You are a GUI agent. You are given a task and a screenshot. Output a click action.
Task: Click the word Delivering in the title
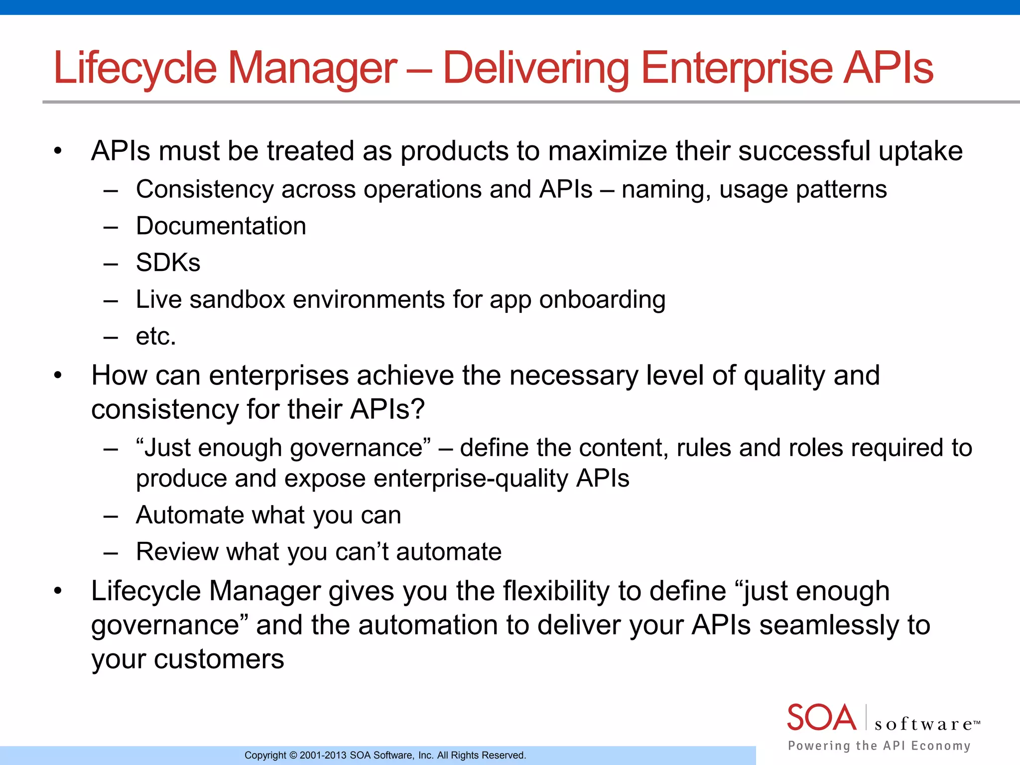tap(536, 69)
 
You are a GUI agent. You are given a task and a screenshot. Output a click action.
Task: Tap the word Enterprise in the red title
tap(737, 69)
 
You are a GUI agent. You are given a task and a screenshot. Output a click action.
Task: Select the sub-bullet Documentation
tap(221, 226)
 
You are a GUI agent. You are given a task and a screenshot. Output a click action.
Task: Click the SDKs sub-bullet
tap(168, 263)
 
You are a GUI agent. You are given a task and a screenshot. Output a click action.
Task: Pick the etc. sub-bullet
tap(156, 337)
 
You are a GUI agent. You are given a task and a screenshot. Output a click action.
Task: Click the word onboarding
tap(602, 300)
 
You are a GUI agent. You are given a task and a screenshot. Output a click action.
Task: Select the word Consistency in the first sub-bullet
tap(205, 190)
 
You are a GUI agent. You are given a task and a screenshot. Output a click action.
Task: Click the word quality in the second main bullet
tap(784, 377)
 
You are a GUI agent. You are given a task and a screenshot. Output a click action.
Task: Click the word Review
tap(177, 552)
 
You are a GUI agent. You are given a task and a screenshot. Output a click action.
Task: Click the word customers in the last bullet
tap(219, 659)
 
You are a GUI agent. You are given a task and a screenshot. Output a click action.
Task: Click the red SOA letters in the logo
tap(821, 718)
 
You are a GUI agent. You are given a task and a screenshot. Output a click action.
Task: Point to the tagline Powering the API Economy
tap(879, 746)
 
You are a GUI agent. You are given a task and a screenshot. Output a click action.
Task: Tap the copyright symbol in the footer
tap(293, 756)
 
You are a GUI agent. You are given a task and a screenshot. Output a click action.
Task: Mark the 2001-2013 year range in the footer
tap(323, 756)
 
